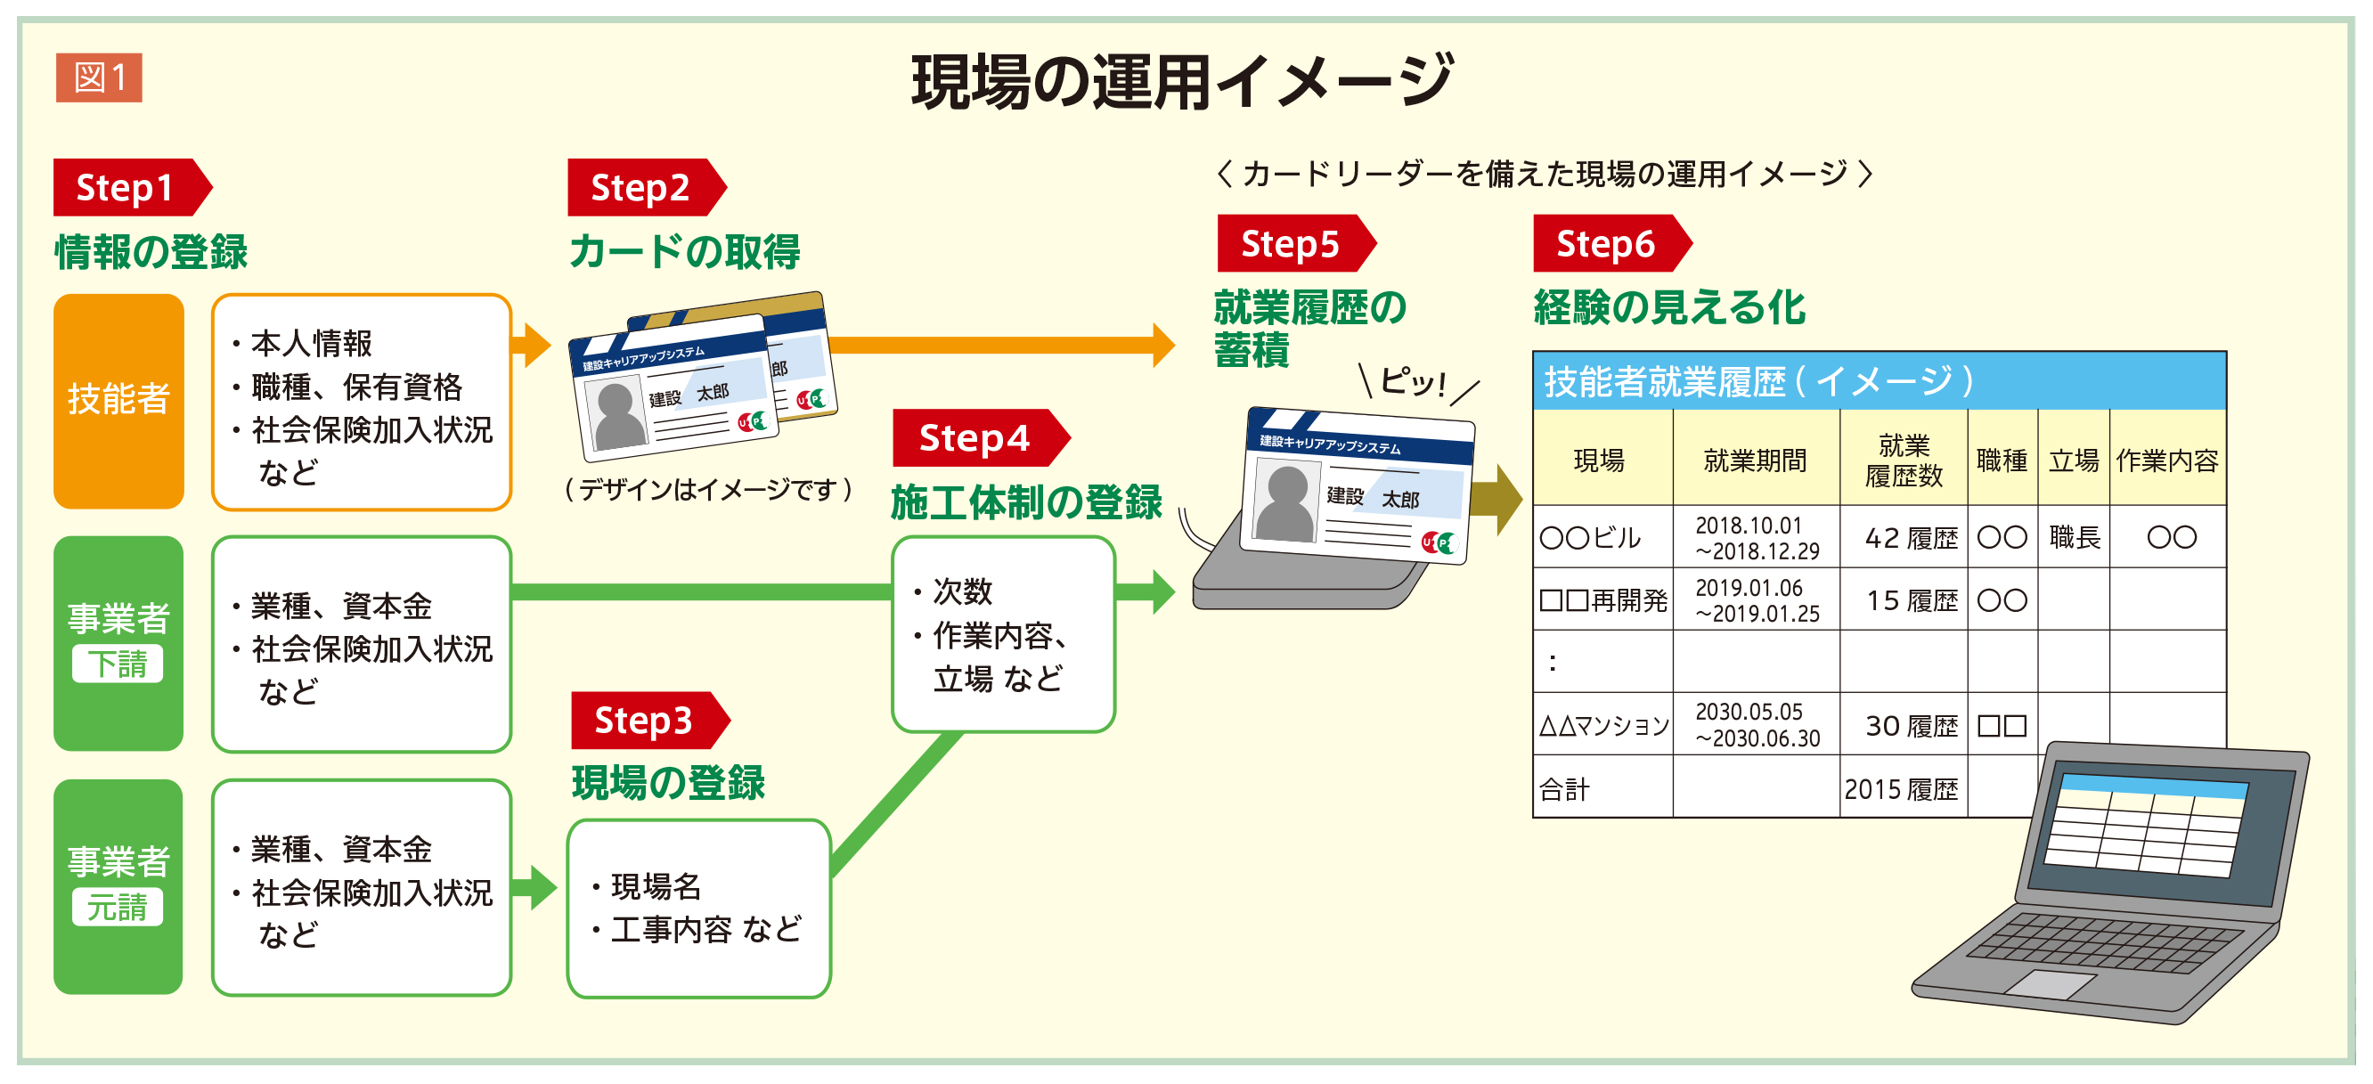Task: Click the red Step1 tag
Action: click(x=126, y=188)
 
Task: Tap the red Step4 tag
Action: click(x=974, y=438)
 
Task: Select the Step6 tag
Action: click(x=1606, y=244)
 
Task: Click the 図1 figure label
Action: click(x=99, y=77)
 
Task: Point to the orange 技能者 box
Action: click(x=118, y=401)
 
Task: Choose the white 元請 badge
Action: click(x=118, y=907)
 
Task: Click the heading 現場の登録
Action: click(x=668, y=783)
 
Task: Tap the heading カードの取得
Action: click(x=684, y=251)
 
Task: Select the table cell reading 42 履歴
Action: click(x=1910, y=538)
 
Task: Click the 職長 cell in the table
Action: click(x=2074, y=537)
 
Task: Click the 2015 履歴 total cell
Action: click(x=1902, y=789)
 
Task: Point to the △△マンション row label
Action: click(x=1602, y=726)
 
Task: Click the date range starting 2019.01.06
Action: click(x=1756, y=600)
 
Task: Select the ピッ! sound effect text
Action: click(x=1413, y=379)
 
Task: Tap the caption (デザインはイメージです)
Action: click(x=707, y=489)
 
